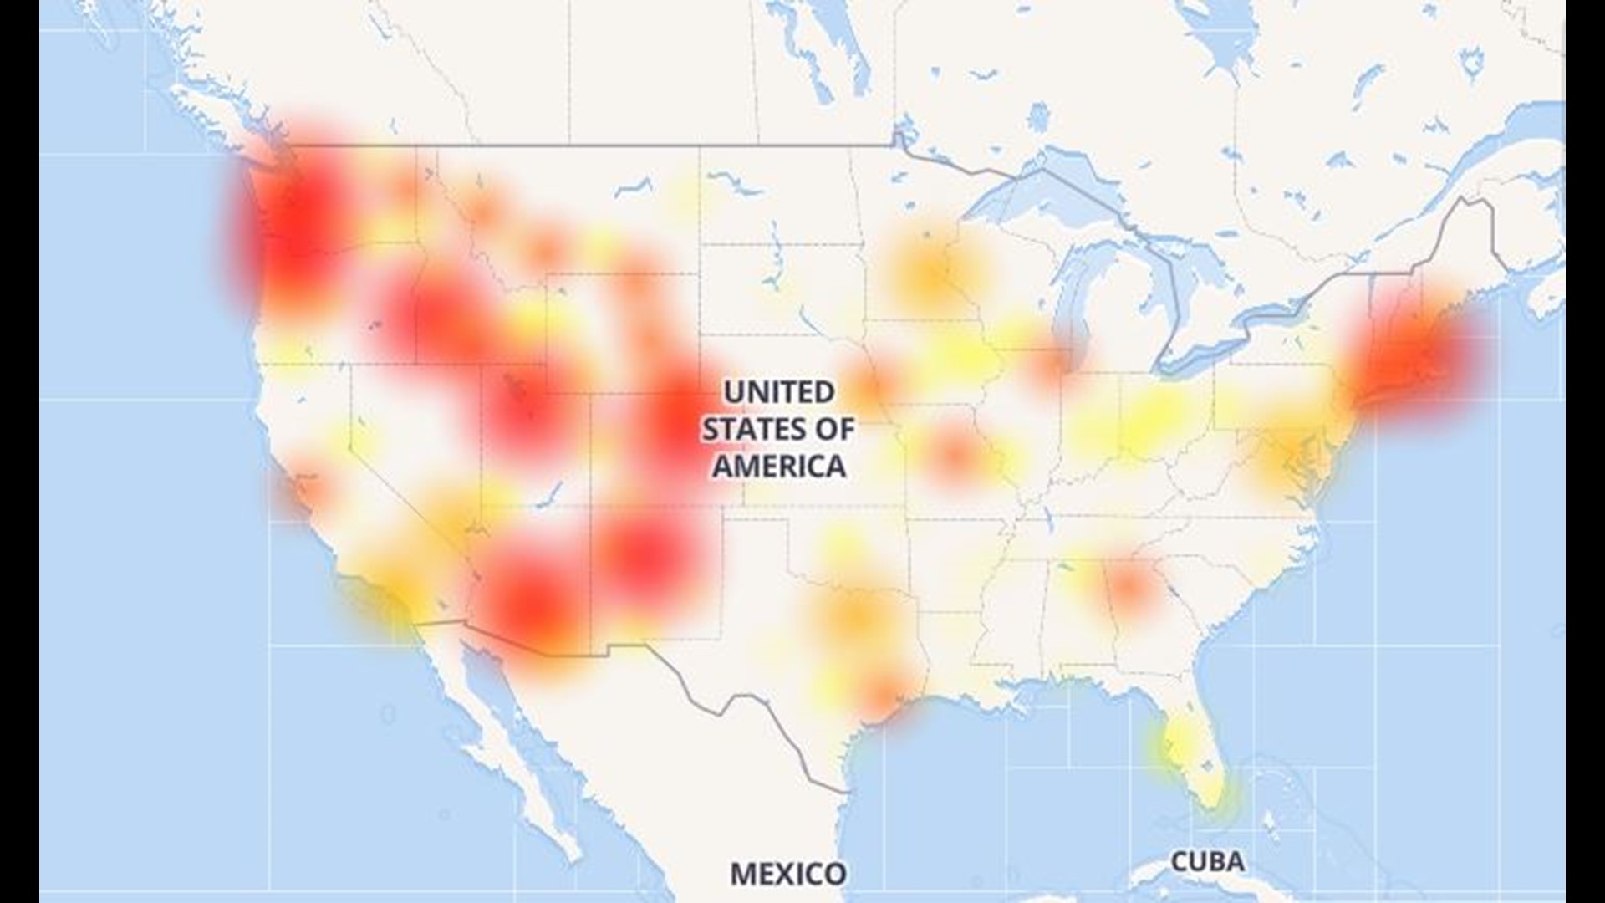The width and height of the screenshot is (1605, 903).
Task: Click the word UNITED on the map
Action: [x=778, y=392]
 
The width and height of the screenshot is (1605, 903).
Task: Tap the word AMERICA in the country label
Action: [x=778, y=466]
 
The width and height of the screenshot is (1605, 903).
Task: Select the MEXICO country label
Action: [x=787, y=874]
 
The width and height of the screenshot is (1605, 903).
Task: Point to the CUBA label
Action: [x=1207, y=861]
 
